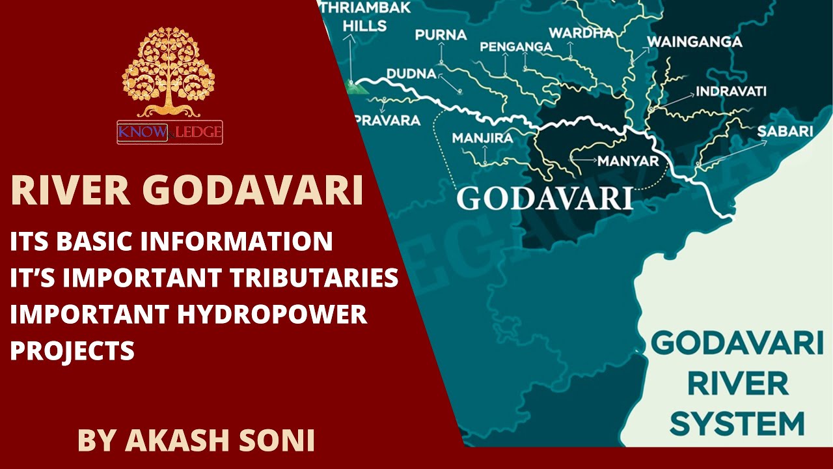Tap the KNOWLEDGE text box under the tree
170,132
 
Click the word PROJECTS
72,351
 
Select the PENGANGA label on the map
516,47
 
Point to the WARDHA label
581,33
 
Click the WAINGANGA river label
694,42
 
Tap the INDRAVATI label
731,91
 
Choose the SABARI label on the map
785,132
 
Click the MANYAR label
629,160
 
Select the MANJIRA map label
482,138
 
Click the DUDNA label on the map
411,74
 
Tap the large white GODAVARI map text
545,198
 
